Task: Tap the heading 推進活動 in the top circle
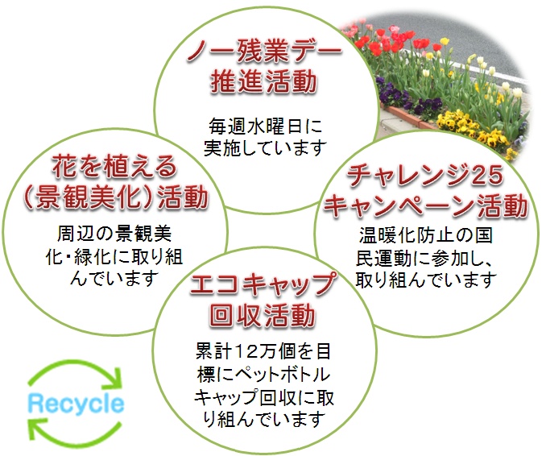(263, 81)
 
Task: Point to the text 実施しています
(265, 147)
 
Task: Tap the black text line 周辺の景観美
(114, 234)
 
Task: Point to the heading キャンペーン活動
(425, 205)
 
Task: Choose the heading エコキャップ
(263, 284)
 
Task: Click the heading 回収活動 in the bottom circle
(263, 315)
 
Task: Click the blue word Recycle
(76, 404)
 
